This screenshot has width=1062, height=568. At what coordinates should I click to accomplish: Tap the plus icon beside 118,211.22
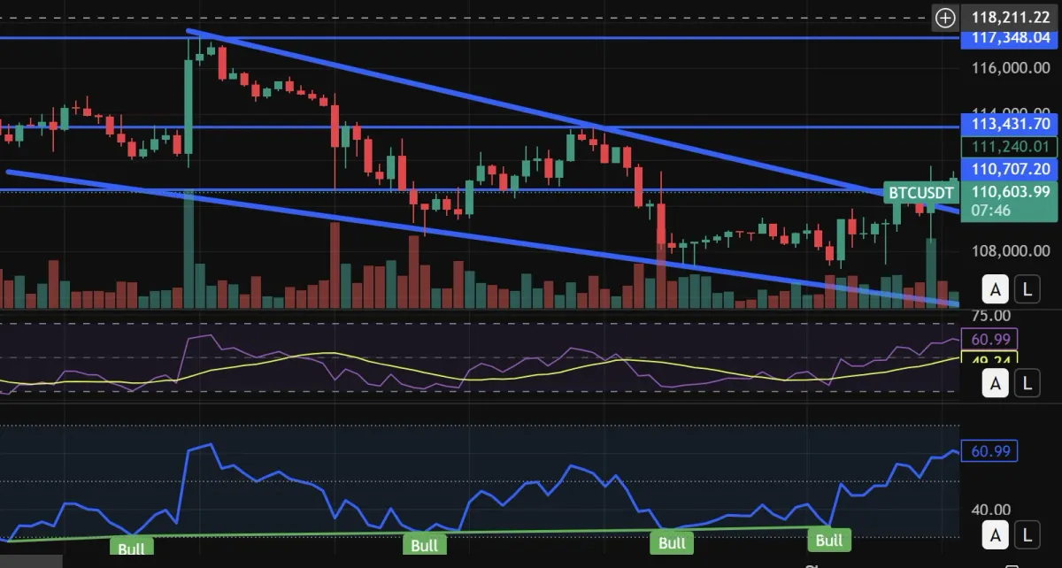tap(946, 17)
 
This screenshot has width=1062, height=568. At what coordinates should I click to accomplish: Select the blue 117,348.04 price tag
tap(1010, 38)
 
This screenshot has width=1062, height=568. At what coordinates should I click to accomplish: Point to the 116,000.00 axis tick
tap(1010, 69)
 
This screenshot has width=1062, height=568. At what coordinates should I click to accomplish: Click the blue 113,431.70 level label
tap(1010, 124)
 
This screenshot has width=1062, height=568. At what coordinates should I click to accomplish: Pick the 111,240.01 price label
tap(1010, 147)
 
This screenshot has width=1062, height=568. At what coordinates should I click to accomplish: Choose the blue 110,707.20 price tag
tap(1010, 168)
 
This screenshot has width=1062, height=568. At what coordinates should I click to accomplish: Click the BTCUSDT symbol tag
tap(921, 192)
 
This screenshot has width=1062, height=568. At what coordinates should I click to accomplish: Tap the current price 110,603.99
tap(1010, 191)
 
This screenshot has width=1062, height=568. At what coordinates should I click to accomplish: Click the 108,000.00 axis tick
tap(1010, 251)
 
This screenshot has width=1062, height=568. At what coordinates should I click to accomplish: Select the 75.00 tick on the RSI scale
tap(991, 316)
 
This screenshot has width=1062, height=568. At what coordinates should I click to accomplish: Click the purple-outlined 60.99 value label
tap(994, 339)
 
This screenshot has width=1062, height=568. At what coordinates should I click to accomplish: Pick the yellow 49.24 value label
tap(994, 360)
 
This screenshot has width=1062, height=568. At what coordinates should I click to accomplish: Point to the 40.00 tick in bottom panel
tap(991, 510)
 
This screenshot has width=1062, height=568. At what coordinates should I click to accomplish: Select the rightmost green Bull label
tap(828, 540)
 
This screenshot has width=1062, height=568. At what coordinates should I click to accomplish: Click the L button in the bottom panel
tap(1027, 534)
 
